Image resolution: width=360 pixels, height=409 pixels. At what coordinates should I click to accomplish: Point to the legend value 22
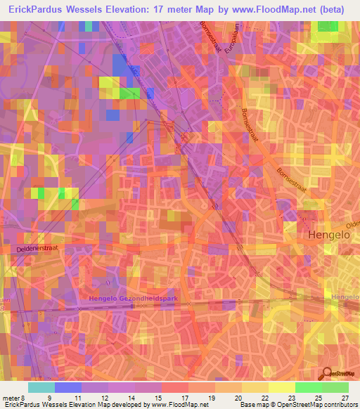click(x=265, y=397)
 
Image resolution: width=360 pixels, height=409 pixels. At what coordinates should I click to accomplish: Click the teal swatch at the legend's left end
click(x=41, y=387)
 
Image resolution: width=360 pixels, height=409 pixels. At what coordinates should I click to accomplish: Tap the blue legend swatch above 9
click(x=67, y=387)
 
